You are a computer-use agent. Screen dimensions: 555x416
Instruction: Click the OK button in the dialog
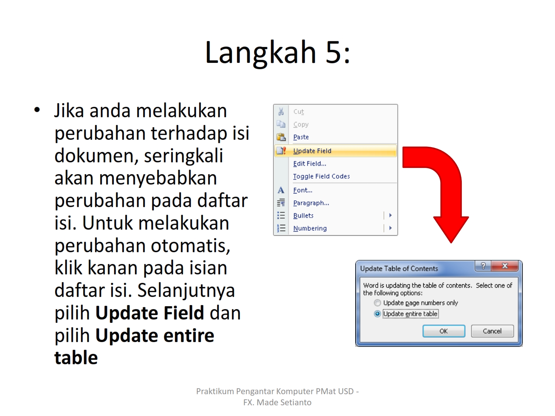444,331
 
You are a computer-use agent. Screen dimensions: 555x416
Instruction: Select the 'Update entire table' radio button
377,314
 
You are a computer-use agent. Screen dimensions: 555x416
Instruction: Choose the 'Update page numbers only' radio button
377,302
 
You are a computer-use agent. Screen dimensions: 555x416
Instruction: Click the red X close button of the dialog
505,266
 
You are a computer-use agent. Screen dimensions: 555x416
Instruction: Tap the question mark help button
483,266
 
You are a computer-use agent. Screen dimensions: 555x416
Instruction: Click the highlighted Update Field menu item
336,151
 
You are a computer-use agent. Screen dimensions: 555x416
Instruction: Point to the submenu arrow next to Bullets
390,215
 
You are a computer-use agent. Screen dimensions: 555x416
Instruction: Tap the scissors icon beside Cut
281,111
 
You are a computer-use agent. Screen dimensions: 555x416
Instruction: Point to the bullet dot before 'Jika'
37,110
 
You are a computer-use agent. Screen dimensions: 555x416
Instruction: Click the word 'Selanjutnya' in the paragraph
186,291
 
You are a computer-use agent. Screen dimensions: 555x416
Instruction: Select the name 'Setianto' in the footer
296,402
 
